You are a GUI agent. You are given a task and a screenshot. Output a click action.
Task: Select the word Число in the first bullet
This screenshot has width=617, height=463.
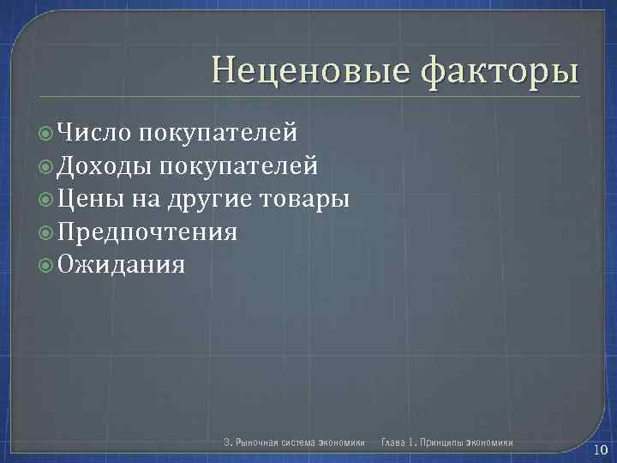(x=95, y=132)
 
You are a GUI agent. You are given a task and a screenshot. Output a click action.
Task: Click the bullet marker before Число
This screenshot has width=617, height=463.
(x=47, y=133)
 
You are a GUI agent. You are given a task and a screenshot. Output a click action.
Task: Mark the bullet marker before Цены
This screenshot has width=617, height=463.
(x=47, y=200)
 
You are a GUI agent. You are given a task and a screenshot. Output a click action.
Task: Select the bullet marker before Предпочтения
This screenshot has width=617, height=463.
(x=47, y=232)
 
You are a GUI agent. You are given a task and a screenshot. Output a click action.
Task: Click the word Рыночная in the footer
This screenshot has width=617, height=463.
(x=259, y=443)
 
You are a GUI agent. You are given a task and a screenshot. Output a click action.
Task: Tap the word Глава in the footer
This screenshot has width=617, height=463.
(x=393, y=443)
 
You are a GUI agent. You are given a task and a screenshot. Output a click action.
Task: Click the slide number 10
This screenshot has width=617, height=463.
(x=600, y=451)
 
